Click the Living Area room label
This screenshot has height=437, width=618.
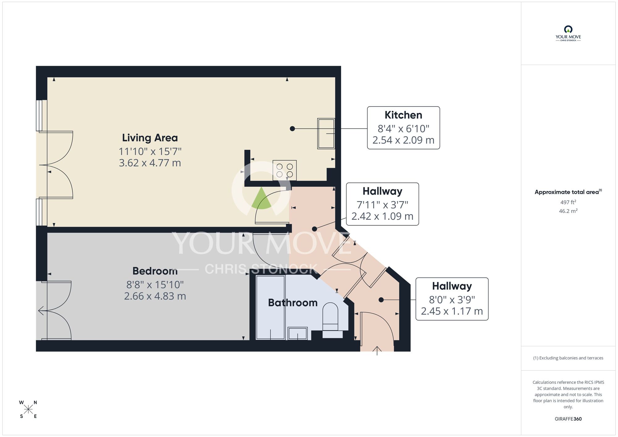[x=150, y=138]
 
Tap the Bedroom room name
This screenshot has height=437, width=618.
[x=155, y=271]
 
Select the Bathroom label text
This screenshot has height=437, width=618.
[x=293, y=303]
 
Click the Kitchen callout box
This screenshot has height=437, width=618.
[x=403, y=128]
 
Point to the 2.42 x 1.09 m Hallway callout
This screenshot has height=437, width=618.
[x=382, y=204]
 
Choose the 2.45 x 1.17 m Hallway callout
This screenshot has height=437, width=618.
[x=452, y=299]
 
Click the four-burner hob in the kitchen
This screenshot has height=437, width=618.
[x=285, y=170]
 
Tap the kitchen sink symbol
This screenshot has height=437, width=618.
[x=326, y=134]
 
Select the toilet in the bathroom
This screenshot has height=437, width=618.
[x=330, y=318]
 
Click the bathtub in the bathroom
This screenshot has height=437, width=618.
[x=271, y=308]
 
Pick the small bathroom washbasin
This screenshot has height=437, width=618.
[x=298, y=333]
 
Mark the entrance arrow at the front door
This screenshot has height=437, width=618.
[x=377, y=350]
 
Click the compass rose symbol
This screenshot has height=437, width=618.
[x=28, y=409]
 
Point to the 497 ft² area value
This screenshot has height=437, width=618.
[x=568, y=202]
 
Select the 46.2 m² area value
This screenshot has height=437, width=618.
[x=568, y=211]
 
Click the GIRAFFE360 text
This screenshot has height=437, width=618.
[x=568, y=419]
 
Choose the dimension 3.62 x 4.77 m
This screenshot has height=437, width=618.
[x=150, y=163]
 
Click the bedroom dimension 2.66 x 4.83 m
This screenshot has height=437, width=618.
[x=155, y=296]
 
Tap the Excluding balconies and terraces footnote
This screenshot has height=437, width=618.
[x=568, y=358]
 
